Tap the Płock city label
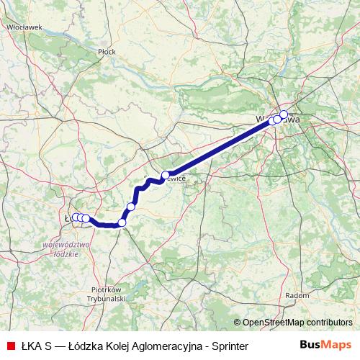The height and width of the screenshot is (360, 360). coord(107,52)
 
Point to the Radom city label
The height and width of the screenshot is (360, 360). coord(297,295)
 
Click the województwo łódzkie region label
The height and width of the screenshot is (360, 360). coord(71,249)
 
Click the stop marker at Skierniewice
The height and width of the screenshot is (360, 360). coord(165,175)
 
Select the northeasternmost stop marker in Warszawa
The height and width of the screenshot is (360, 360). coord(284,114)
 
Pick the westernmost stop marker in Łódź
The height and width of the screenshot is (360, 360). coord(73,217)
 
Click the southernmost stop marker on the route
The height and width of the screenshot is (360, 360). coord(122,222)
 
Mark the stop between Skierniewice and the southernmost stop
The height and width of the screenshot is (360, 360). coord(131,207)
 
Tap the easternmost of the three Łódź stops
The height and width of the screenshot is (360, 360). coord(86,218)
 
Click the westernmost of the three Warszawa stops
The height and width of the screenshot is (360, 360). coord(272,121)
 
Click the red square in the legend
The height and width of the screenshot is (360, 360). coord(11,346)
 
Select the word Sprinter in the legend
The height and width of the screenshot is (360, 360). coord(227,346)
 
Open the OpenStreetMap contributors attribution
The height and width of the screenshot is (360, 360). coord(296,322)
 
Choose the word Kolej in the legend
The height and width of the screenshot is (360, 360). coord(111,346)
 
